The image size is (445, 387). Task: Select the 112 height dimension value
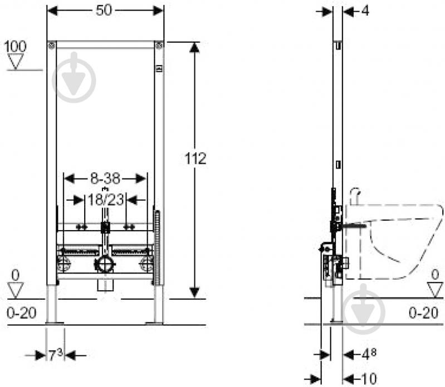coord(195,158)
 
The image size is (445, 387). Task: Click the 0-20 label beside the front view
coord(22,313)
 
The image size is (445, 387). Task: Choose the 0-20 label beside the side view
coord(423,313)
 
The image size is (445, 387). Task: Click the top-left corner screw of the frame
coord(51,44)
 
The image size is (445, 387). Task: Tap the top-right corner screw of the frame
coord(159,44)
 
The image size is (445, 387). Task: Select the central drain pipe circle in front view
coord(104,264)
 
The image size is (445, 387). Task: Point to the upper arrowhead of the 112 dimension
coord(194,48)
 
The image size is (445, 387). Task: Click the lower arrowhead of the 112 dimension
coord(194,291)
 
